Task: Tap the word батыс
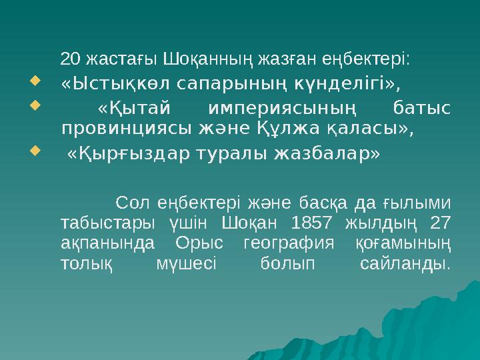tap(421, 108)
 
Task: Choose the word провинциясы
tap(125, 128)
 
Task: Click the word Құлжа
tap(302, 128)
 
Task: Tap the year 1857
tap(315, 223)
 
